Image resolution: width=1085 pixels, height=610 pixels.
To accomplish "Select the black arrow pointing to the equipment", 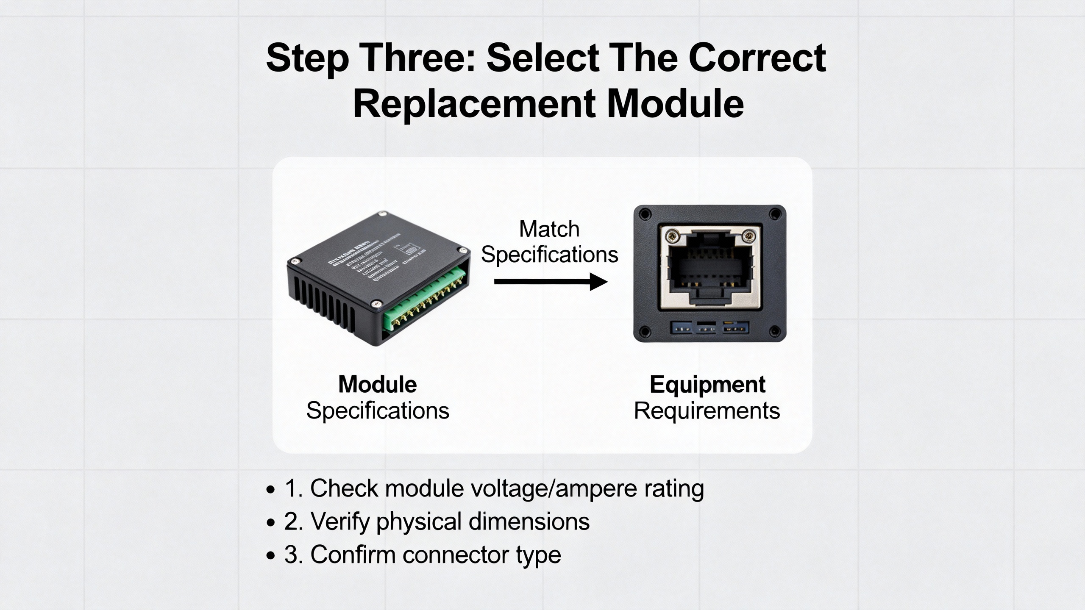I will (x=551, y=282).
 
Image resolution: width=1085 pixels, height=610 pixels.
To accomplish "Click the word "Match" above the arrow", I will (x=549, y=229).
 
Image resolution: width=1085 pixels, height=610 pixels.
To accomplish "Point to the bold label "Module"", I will (x=377, y=384).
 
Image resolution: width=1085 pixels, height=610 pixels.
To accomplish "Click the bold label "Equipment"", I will (x=707, y=384).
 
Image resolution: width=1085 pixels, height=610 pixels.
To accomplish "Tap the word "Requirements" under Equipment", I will (x=707, y=410).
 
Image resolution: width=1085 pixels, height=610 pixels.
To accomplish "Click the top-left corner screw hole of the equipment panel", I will (x=645, y=215).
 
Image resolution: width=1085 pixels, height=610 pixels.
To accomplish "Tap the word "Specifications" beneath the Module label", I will (x=377, y=410).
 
